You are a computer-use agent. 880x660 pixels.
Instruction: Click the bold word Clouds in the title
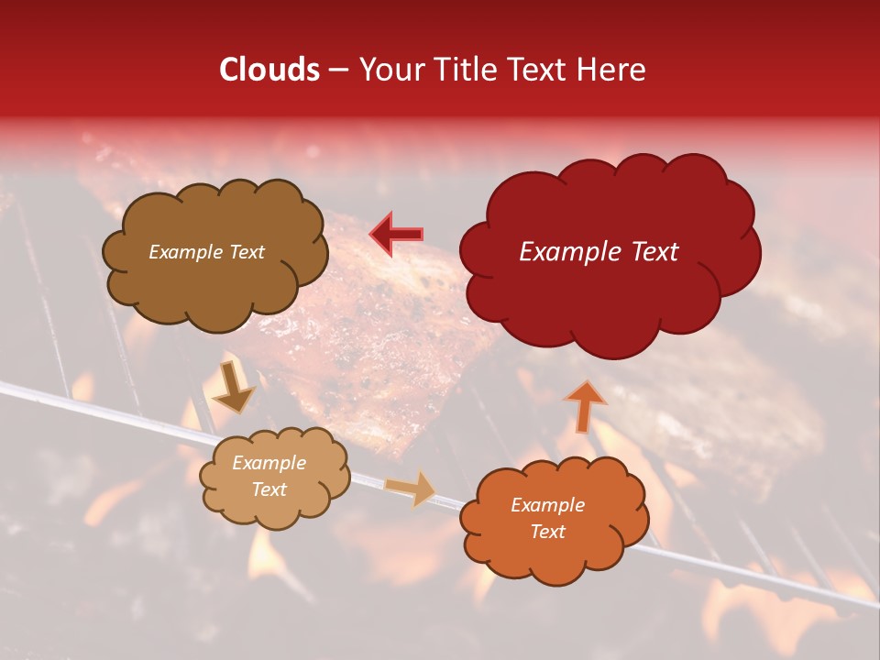[269, 70]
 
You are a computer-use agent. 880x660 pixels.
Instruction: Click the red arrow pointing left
[396, 235]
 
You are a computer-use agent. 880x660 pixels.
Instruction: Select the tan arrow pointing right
[410, 489]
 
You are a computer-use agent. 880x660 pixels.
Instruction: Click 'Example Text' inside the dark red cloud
[599, 252]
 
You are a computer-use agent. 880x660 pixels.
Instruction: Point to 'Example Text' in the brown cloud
[206, 252]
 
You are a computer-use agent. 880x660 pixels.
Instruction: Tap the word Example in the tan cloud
[269, 463]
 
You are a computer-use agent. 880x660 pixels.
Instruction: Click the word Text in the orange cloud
[547, 532]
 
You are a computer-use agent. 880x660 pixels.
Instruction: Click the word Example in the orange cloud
[547, 505]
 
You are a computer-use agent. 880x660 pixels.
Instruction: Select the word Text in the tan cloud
[269, 489]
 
